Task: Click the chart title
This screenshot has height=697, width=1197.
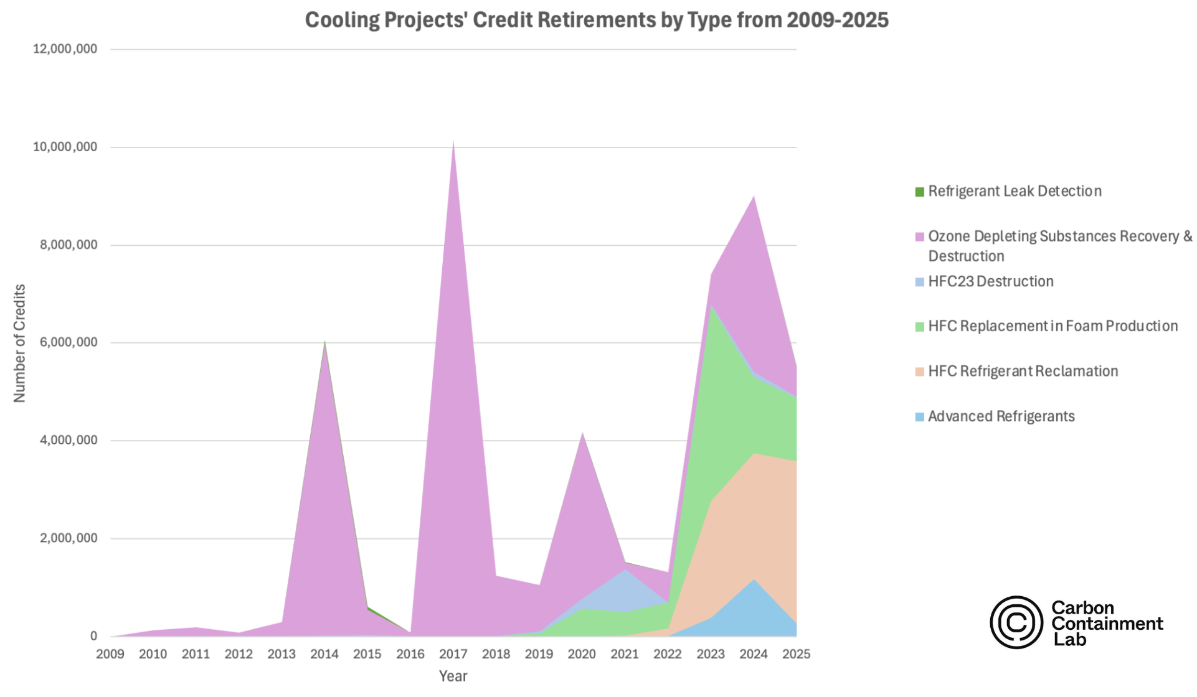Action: pos(596,20)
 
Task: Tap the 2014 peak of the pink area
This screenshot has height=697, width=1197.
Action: pos(324,342)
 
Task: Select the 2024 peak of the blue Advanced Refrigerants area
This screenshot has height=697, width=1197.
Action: pos(754,580)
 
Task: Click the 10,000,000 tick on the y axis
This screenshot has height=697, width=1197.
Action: pos(65,147)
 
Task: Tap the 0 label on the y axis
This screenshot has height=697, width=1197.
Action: pos(93,636)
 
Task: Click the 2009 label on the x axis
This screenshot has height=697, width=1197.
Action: pos(110,654)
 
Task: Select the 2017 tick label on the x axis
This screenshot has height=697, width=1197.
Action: pos(453,654)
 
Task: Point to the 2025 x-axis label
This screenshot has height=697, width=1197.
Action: pos(796,654)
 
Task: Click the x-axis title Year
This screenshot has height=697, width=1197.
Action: pos(453,676)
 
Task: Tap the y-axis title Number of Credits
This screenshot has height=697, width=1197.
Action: pos(20,343)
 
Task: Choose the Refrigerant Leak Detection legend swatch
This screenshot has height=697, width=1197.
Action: pos(920,192)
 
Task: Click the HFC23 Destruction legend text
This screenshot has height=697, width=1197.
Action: pos(990,281)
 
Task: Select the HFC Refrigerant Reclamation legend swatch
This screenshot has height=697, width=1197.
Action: pos(920,372)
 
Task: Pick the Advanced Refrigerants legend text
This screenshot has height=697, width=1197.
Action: pos(1001,416)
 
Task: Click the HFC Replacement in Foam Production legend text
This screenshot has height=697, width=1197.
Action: pos(1053,326)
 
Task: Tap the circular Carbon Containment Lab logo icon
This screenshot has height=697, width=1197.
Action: pos(1016,622)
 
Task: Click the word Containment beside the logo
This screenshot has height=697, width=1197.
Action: pos(1107,624)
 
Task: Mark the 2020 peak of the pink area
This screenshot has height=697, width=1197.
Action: pos(582,433)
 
